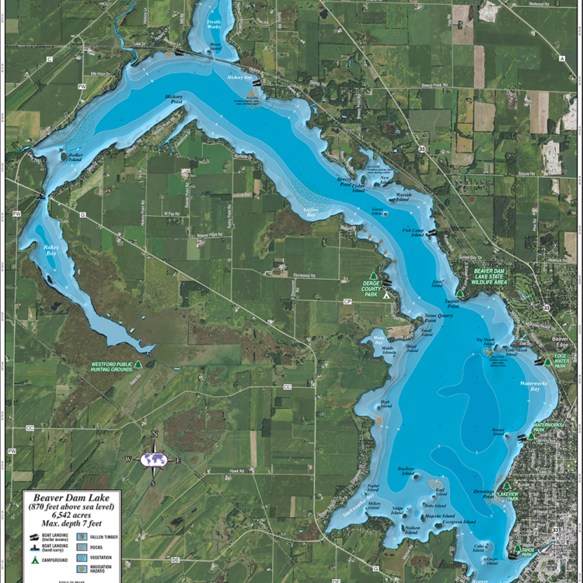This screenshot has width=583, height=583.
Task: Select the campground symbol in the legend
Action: coord(33,560)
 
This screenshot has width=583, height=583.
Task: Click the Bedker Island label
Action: coord(75,156)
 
